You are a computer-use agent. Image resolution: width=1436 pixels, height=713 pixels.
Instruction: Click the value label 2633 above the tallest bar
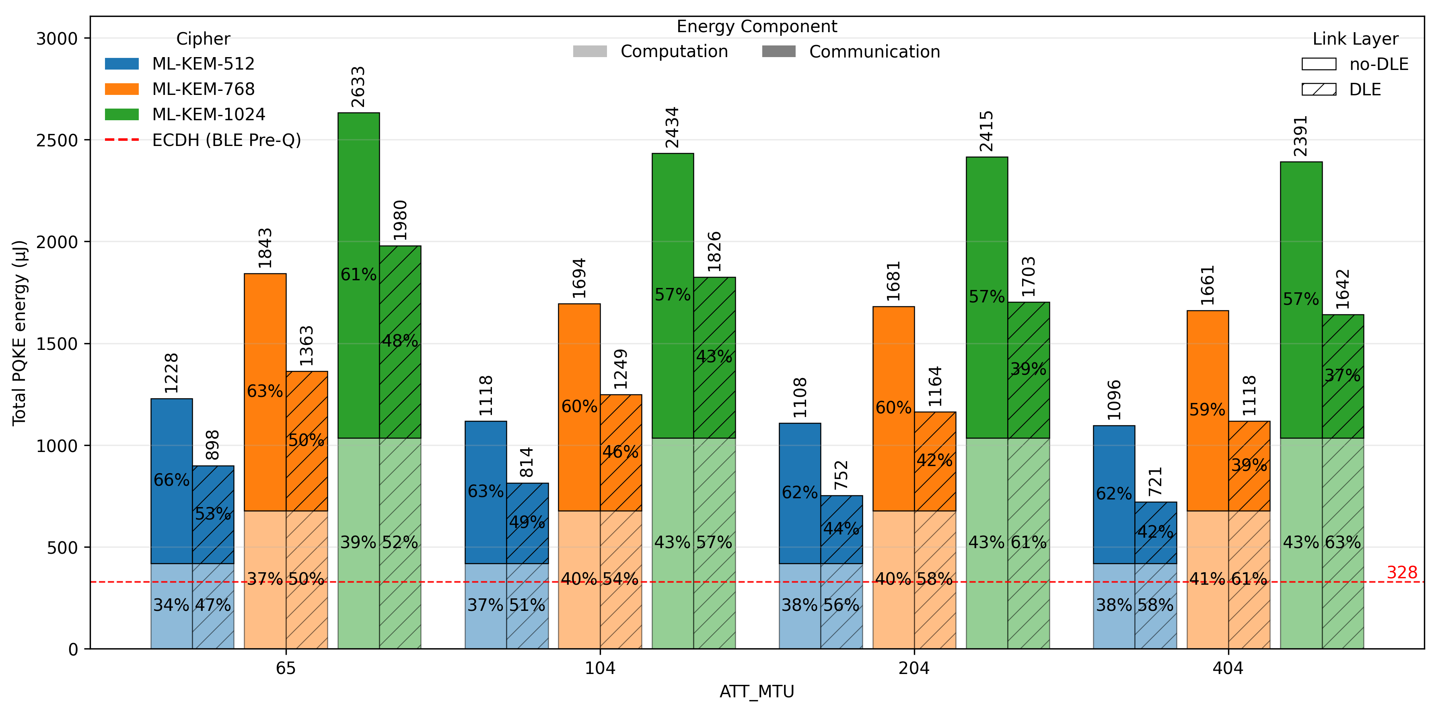coord(358,87)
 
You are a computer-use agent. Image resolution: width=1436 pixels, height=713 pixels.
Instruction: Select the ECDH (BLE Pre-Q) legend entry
coord(226,140)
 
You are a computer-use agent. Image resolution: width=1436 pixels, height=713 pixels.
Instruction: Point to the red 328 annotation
coord(1401,573)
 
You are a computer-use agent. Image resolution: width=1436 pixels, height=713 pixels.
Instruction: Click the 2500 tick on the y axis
coord(56,140)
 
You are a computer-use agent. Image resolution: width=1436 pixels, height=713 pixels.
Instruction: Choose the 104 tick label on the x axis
coord(600,668)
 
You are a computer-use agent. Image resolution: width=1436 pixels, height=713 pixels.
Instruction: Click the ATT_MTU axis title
coord(757,692)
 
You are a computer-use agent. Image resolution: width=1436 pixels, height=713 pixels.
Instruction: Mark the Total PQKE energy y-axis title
coord(20,333)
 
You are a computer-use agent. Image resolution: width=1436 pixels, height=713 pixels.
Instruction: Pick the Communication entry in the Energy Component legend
coord(874,52)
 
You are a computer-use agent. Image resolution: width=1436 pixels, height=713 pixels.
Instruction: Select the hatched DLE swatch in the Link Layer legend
coord(1319,90)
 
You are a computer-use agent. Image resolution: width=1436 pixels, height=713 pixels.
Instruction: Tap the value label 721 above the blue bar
coord(1156,482)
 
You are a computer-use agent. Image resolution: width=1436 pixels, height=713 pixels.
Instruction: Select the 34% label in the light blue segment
coord(171,605)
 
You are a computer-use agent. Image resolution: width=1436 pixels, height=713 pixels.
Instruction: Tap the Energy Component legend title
coord(757,27)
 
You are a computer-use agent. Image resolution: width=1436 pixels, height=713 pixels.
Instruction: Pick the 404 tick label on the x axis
coord(1228,668)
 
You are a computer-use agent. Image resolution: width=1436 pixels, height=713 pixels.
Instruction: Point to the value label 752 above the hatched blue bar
coord(841,475)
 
